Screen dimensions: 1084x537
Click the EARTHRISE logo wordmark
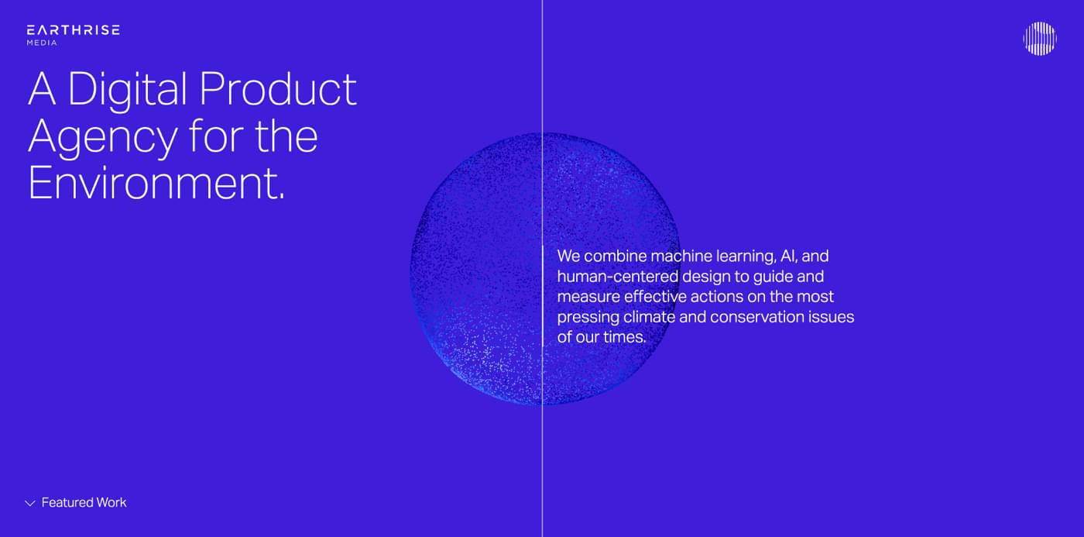click(73, 30)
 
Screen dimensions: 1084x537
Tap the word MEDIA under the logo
click(42, 43)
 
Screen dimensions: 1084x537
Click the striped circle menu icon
click(1039, 38)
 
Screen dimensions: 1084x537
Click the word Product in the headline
click(278, 88)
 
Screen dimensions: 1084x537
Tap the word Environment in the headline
click(156, 182)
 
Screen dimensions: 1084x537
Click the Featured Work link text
click(84, 503)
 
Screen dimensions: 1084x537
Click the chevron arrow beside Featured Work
click(30, 504)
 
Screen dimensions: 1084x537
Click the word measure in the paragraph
click(588, 297)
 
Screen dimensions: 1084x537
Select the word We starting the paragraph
click(568, 256)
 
